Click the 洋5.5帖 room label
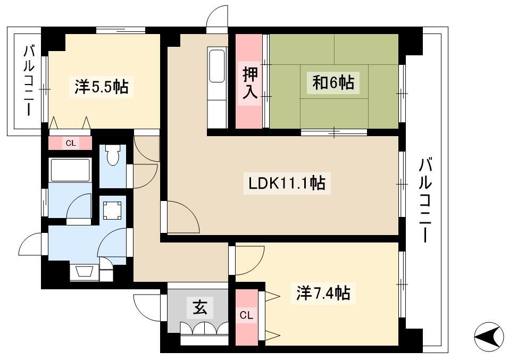[x=102, y=87]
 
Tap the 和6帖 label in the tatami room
[x=333, y=82]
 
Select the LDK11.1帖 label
[x=287, y=183]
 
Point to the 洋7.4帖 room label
[x=323, y=293]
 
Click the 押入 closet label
[x=251, y=83]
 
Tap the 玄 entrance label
[x=199, y=307]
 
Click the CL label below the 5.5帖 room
[x=70, y=143]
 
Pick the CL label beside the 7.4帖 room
[x=246, y=315]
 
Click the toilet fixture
[x=112, y=155]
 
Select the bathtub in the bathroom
[x=70, y=170]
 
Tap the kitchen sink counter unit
[x=217, y=88]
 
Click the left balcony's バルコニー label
[x=29, y=81]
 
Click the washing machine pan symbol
[x=112, y=211]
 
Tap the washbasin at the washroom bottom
[x=84, y=272]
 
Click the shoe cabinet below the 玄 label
[x=205, y=333]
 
